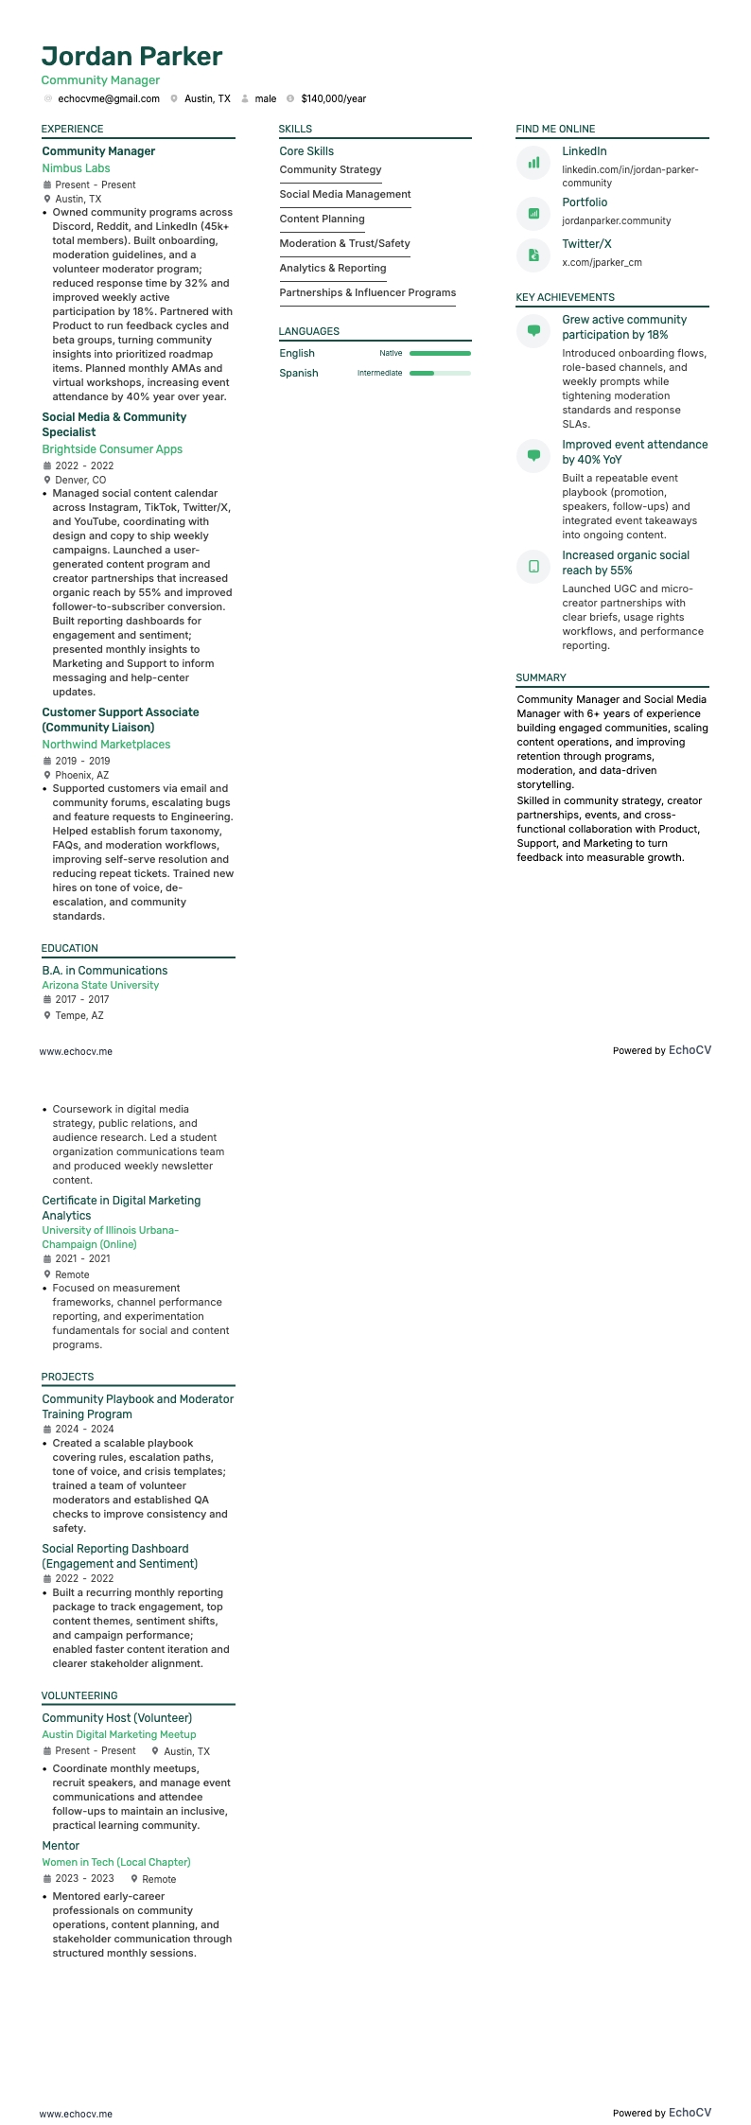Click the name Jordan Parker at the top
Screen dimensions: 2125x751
(x=131, y=56)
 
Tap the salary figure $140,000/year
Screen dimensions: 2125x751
(x=333, y=98)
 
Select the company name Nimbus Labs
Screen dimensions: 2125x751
(x=76, y=168)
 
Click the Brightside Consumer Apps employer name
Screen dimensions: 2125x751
(x=112, y=449)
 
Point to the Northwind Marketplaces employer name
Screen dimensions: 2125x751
(x=106, y=745)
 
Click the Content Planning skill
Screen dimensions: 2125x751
(x=322, y=219)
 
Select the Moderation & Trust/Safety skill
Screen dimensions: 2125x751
(x=344, y=243)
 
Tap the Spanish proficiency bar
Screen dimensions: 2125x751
(x=439, y=373)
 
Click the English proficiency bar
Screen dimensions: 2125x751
(x=439, y=353)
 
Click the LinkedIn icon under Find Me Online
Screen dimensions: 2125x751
(x=533, y=163)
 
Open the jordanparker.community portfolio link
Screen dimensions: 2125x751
(x=616, y=220)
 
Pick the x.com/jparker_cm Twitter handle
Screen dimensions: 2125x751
(x=602, y=262)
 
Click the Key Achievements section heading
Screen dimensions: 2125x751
(x=565, y=297)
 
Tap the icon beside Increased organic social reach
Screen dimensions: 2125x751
(x=533, y=567)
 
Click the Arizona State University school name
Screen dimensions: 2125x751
(x=100, y=985)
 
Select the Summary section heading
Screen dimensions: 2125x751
(x=541, y=677)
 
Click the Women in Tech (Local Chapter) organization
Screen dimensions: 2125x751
(x=116, y=1862)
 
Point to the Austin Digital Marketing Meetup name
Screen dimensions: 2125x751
(x=118, y=1734)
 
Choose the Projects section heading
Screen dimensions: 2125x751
(x=67, y=1377)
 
